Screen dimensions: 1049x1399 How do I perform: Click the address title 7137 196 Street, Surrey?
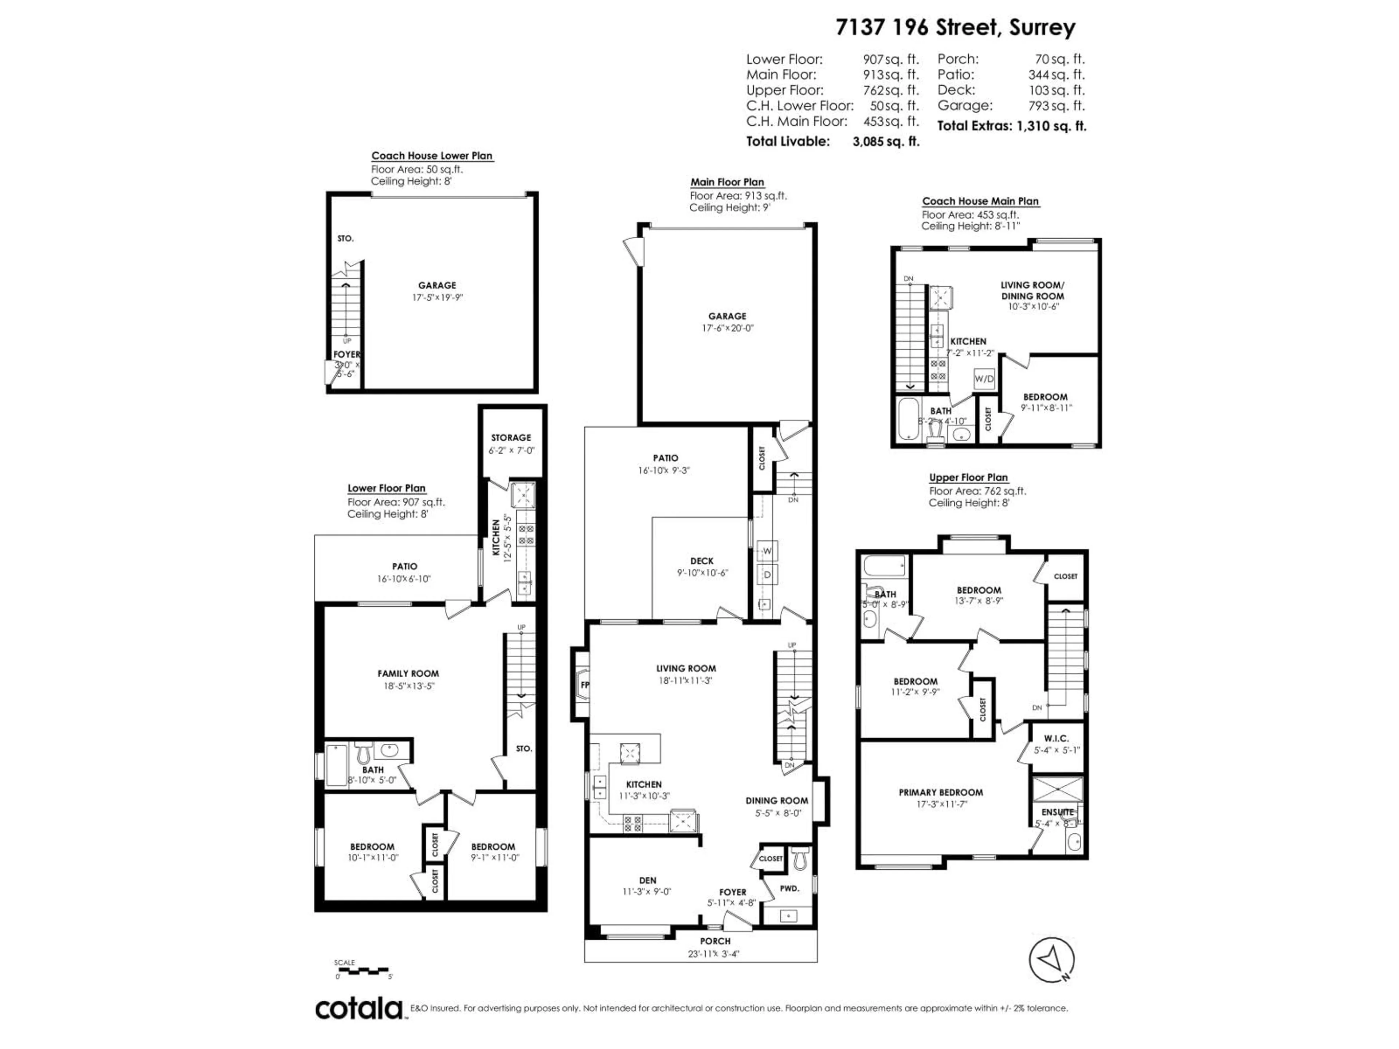tap(955, 28)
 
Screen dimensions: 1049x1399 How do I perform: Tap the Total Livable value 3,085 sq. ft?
tap(885, 142)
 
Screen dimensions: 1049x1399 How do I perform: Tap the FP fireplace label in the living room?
tap(584, 685)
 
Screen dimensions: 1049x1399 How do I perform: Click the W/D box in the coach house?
tap(984, 379)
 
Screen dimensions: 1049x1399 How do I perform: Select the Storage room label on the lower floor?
tap(511, 437)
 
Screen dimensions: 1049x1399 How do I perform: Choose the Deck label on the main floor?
tap(701, 561)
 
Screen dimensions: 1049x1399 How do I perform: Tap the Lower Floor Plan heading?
tap(387, 488)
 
